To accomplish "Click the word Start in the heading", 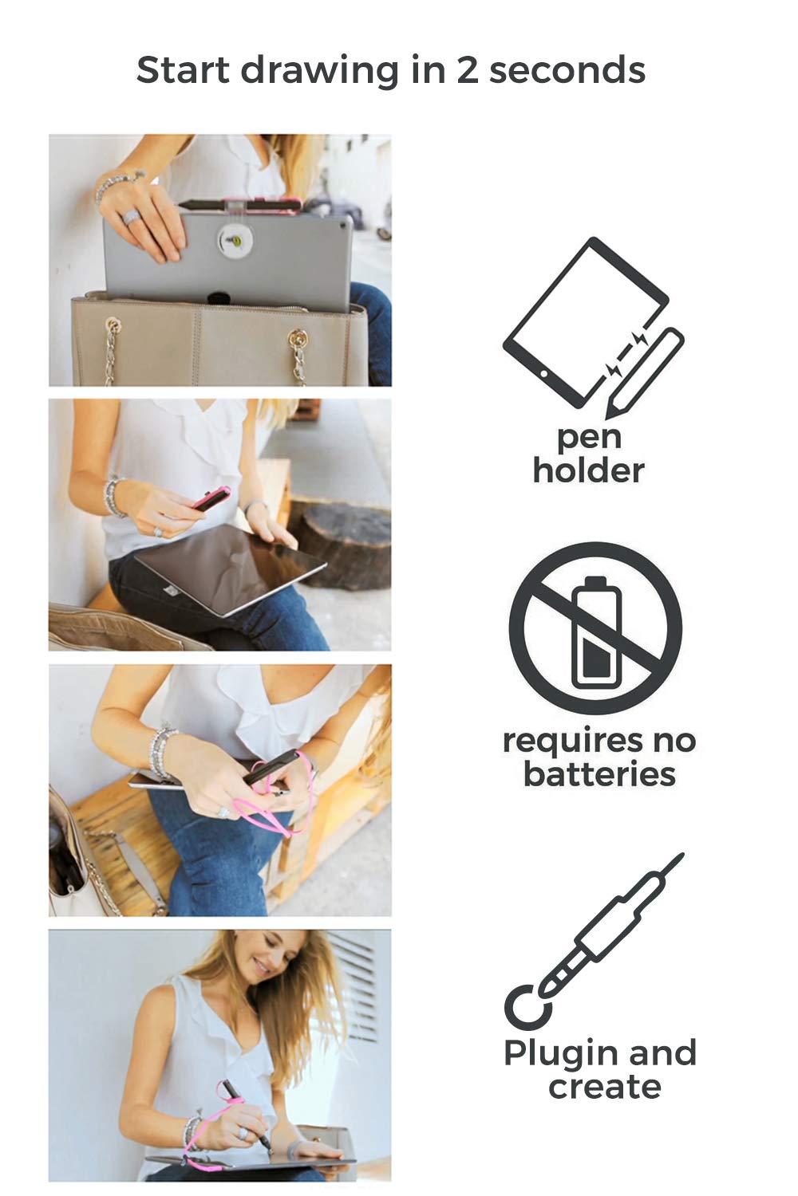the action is pyautogui.click(x=183, y=70).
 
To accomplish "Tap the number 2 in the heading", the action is pyautogui.click(x=467, y=70).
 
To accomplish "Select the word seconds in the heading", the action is pyautogui.click(x=567, y=70).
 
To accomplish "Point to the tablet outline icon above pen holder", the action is pyautogui.click(x=585, y=323).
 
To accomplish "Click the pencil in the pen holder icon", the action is pyautogui.click(x=644, y=373).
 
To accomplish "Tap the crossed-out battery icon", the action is pyautogui.click(x=595, y=628).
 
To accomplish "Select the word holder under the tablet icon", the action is pyautogui.click(x=588, y=470).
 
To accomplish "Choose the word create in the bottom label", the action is pyautogui.click(x=605, y=1087).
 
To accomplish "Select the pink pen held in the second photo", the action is pyautogui.click(x=211, y=499).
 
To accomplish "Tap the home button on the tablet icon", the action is pyautogui.click(x=543, y=374).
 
